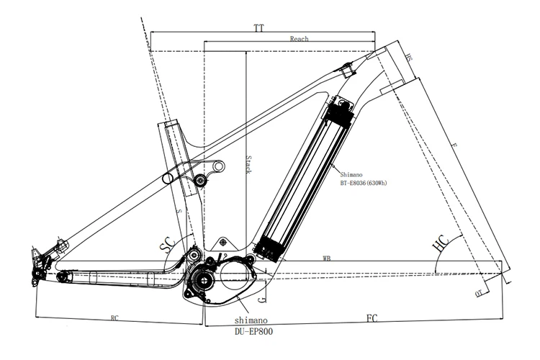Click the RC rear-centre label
(114, 317)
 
